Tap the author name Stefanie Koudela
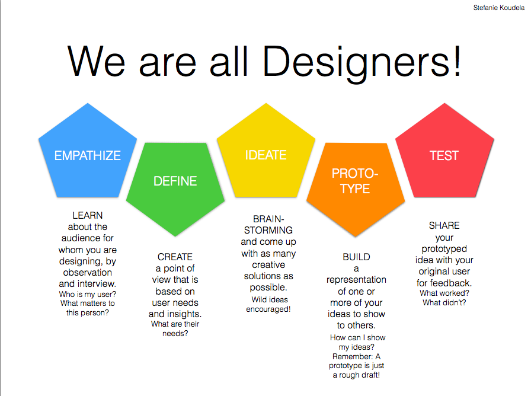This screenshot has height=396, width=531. pos(498,8)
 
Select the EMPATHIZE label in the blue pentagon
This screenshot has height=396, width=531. pos(87,155)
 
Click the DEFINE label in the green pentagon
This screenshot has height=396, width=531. pos(175,181)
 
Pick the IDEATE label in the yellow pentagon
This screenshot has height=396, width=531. pos(266,155)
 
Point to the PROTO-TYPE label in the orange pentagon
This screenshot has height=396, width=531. pos(355,181)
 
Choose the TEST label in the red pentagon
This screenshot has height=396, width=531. pos(444,155)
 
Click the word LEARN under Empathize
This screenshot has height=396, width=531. pos(87,215)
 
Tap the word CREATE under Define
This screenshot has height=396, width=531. pos(175,257)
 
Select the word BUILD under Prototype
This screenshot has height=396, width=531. pos(356,257)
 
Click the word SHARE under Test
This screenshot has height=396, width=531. pos(444,226)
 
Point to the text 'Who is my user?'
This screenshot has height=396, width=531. pos(87,294)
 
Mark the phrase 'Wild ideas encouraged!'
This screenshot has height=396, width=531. pos(268,304)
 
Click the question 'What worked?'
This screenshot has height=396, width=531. pos(444,293)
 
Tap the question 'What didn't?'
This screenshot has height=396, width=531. pos(444,302)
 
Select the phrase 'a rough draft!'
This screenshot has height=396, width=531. pos(356,375)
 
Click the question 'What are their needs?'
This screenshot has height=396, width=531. pos(175,328)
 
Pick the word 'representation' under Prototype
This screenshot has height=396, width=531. pos(356,280)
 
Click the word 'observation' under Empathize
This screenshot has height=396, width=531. pos(87,272)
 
